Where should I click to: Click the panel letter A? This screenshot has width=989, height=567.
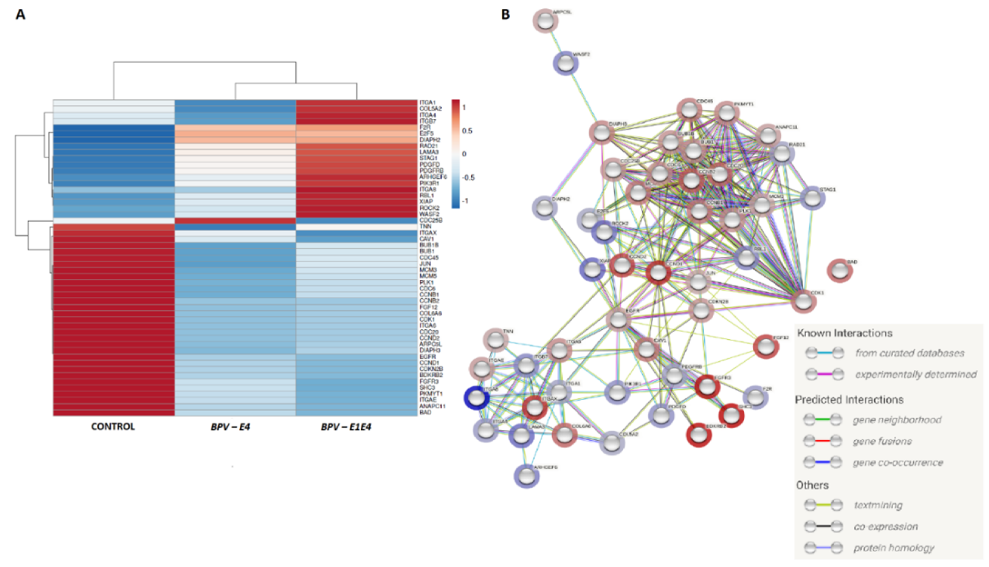pos(20,15)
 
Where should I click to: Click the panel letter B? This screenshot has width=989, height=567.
pos(505,15)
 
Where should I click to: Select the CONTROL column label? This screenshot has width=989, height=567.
pos(113,427)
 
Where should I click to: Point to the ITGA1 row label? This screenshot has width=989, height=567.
pos(427,103)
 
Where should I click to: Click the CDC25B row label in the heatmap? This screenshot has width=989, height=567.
pos(431,220)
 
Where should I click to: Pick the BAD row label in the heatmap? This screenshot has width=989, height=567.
pos(425,412)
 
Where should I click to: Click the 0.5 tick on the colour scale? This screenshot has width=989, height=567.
pos(467,131)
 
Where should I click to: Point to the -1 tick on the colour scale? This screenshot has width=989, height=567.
pos(465,201)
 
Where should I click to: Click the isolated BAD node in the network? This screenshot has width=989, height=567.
pos(840,271)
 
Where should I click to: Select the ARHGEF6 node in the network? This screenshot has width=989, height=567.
pos(527,476)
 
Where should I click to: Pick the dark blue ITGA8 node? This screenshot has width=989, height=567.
pos(477,398)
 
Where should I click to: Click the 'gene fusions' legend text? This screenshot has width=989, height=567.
pos(882,442)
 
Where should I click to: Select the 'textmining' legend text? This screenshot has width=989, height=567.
pos(878,505)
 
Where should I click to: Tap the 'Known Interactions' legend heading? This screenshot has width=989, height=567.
pos(844,333)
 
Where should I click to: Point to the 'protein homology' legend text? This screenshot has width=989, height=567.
pos(894,548)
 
